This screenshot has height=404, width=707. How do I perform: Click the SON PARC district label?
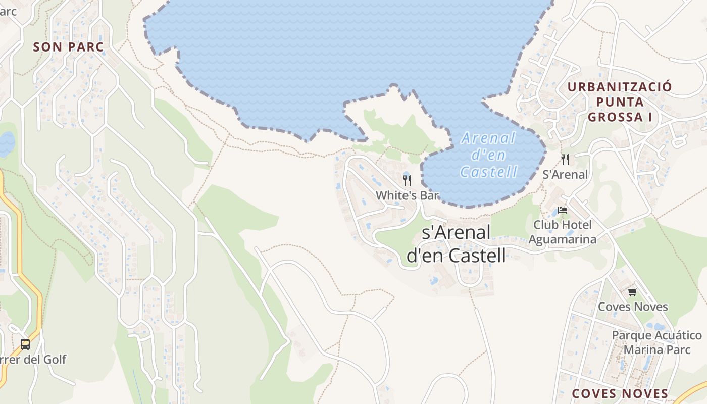click(x=68, y=47)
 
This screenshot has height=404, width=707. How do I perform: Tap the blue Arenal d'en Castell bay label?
click(x=489, y=155)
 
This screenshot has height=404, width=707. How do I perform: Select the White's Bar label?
click(x=407, y=195)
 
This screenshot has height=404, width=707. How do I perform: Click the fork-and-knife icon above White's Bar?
click(x=407, y=180)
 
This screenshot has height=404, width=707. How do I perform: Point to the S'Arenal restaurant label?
click(x=565, y=174)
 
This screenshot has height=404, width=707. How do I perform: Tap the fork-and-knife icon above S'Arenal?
click(x=565, y=160)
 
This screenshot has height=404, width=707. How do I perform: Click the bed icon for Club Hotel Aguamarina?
click(x=563, y=210)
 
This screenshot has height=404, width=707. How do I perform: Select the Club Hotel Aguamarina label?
click(x=565, y=231)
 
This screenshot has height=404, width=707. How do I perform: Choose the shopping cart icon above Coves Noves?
click(x=632, y=292)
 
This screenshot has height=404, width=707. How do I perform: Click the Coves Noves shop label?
click(x=633, y=307)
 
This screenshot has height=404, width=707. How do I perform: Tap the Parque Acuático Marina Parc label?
click(x=656, y=342)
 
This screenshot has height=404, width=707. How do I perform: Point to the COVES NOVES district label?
click(x=620, y=393)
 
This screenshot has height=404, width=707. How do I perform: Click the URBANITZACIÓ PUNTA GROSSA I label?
click(x=620, y=102)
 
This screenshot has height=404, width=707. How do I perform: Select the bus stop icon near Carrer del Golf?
click(x=25, y=344)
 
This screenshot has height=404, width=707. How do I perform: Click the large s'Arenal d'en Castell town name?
click(x=457, y=244)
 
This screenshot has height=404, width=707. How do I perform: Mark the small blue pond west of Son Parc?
click(x=6, y=144)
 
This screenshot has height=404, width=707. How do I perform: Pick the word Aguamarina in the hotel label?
click(x=565, y=239)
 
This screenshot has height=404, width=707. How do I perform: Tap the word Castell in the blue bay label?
click(x=489, y=172)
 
